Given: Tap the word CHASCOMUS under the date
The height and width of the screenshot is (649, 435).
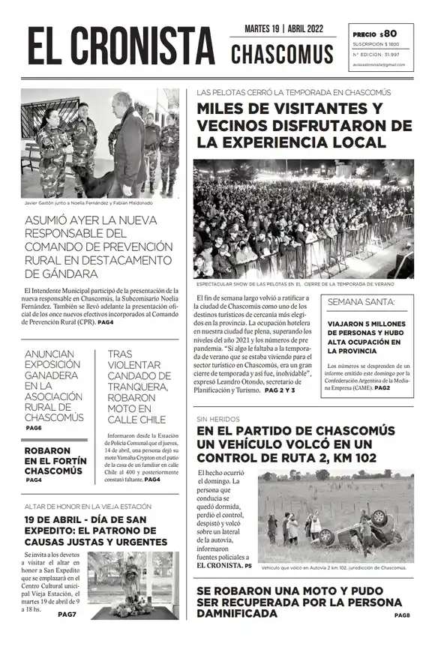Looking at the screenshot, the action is click(x=282, y=54).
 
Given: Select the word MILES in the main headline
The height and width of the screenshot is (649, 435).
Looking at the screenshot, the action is click(x=224, y=109).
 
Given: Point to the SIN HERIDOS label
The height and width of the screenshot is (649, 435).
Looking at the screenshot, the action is click(x=213, y=419).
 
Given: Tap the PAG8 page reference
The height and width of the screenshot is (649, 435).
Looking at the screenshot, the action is click(x=402, y=615).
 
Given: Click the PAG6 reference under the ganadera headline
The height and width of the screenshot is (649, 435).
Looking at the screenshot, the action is click(x=34, y=428).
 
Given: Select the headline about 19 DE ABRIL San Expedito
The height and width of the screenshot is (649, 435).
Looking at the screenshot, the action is click(x=96, y=530).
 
